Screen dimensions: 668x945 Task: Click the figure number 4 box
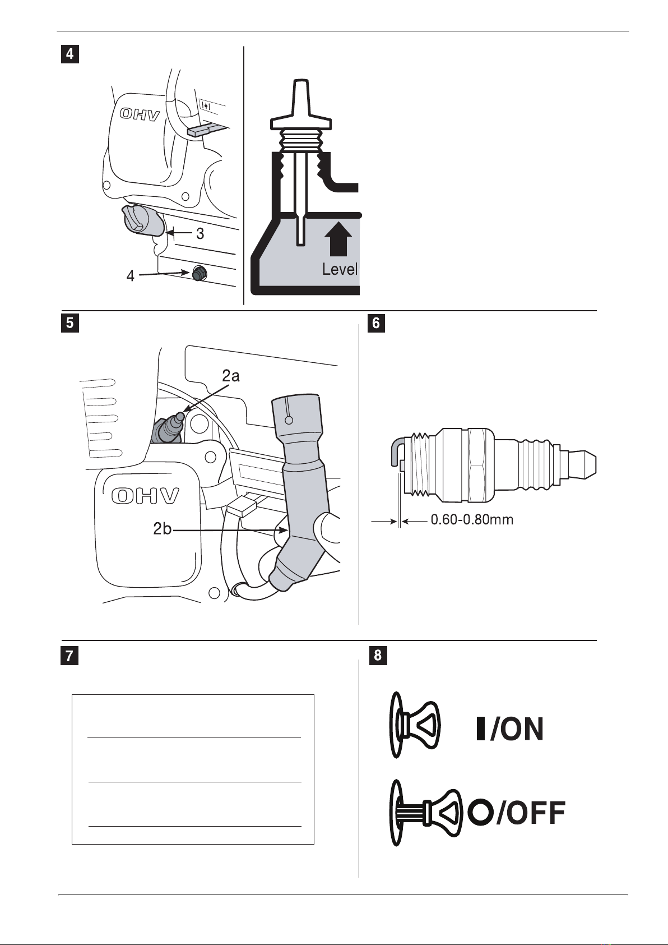tap(70, 54)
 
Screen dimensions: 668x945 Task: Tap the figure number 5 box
tap(70, 323)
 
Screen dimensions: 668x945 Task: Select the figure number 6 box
tap(377, 323)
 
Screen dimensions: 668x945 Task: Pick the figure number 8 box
tap(378, 655)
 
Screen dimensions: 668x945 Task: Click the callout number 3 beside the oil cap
tap(200, 233)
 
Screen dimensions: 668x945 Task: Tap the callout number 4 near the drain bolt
tap(131, 276)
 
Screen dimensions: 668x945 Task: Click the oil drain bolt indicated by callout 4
tap(198, 273)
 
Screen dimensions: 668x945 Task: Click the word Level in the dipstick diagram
tap(340, 269)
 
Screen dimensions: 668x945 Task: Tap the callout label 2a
tap(231, 375)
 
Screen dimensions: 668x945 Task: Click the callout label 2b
tap(163, 528)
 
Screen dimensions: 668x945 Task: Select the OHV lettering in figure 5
tap(145, 496)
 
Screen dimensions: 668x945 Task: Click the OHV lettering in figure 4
tap(140, 114)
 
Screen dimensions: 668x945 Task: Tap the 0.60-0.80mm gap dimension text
tap(472, 519)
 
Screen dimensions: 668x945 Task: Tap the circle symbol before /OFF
tap(481, 812)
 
